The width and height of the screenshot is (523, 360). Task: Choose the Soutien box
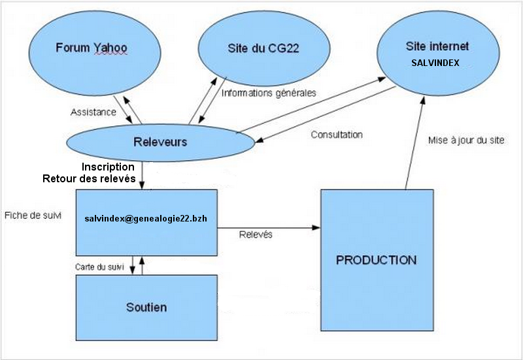(146, 307)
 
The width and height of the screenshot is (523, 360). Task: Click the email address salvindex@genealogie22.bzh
(146, 218)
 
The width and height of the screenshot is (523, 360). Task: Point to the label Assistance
(93, 112)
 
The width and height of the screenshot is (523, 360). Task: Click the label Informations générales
(269, 93)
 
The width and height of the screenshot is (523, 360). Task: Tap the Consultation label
(337, 135)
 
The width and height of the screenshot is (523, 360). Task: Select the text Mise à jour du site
(466, 140)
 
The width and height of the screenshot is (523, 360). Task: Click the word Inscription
(109, 167)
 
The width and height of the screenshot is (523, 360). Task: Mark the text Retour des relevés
(89, 178)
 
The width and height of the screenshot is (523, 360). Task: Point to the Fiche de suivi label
(33, 215)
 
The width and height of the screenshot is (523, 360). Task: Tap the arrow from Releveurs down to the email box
(143, 175)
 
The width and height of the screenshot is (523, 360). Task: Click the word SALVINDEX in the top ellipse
(436, 64)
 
